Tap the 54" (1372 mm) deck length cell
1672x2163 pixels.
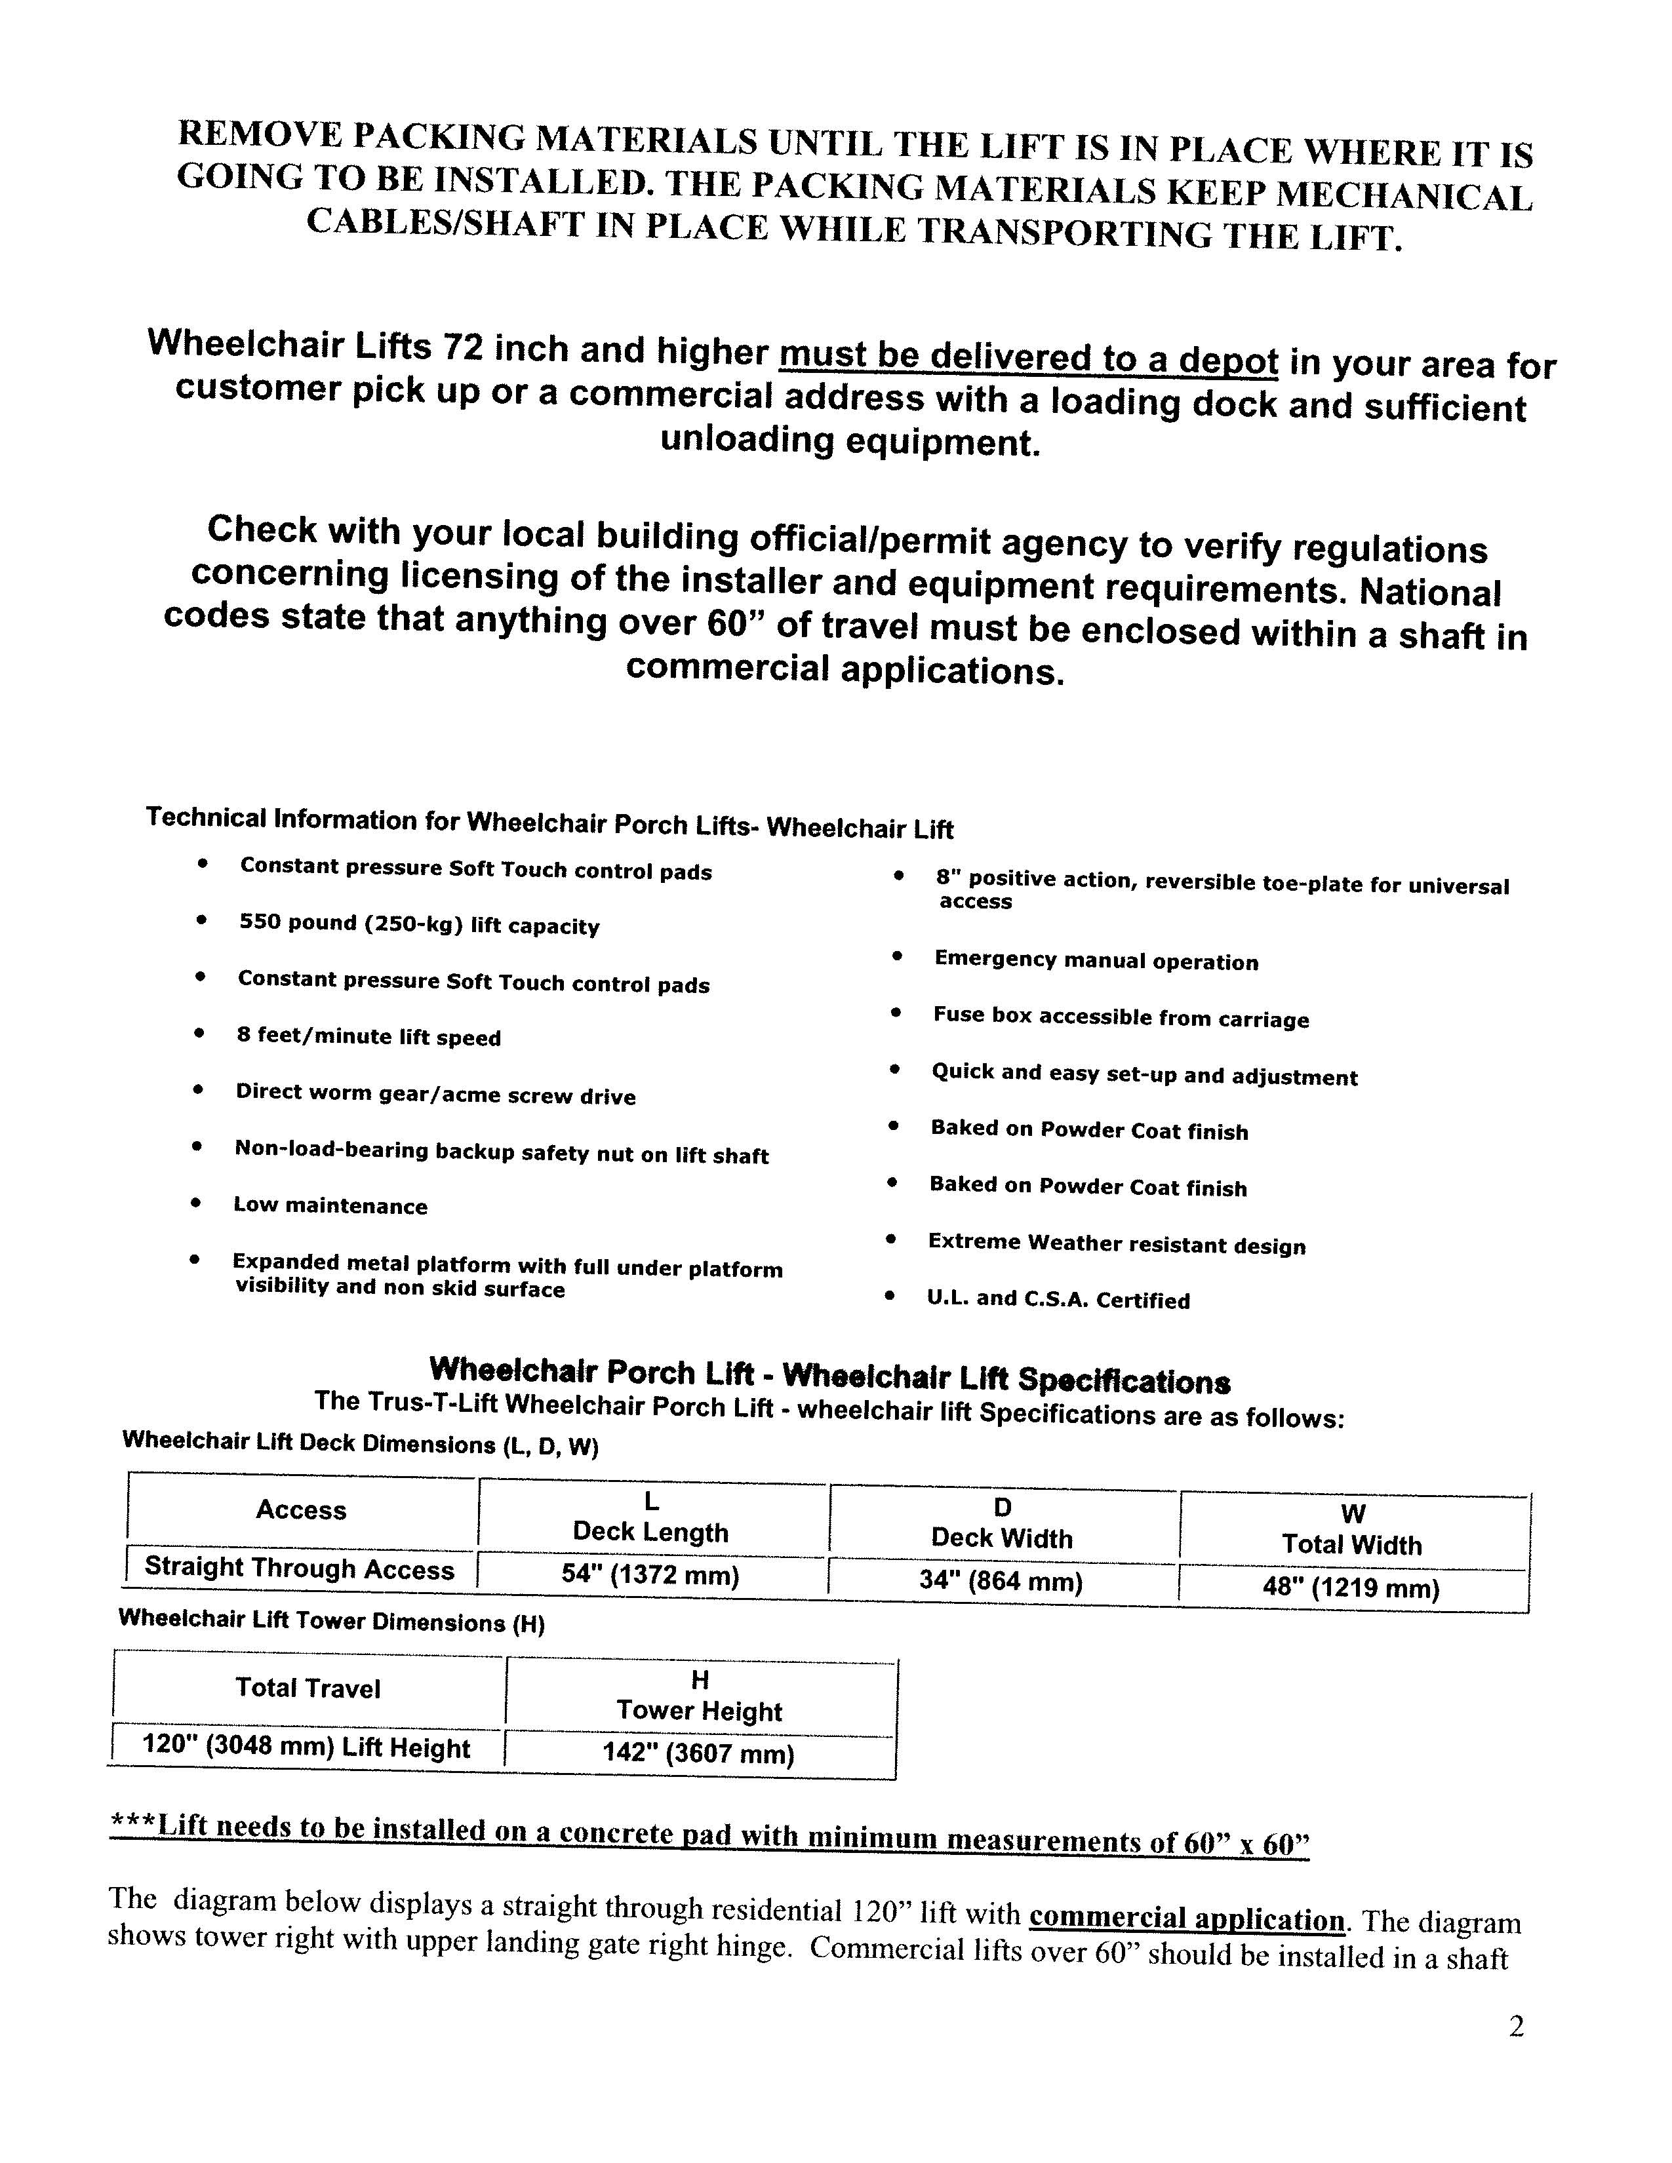point(651,1574)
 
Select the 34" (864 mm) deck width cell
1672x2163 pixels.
point(1001,1581)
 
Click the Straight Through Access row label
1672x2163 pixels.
point(299,1569)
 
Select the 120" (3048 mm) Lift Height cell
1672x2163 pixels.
point(306,1746)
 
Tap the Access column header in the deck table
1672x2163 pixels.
point(301,1510)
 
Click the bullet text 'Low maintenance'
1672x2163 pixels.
point(330,1205)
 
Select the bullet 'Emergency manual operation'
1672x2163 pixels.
point(1096,961)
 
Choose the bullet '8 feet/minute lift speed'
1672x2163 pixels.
point(368,1037)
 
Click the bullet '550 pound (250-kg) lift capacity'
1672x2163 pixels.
point(419,925)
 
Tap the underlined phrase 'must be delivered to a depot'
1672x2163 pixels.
point(1028,357)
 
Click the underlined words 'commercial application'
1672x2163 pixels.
point(1187,1919)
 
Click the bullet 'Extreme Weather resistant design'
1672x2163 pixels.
point(1117,1244)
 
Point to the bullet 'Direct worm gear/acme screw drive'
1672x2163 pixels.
point(435,1095)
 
